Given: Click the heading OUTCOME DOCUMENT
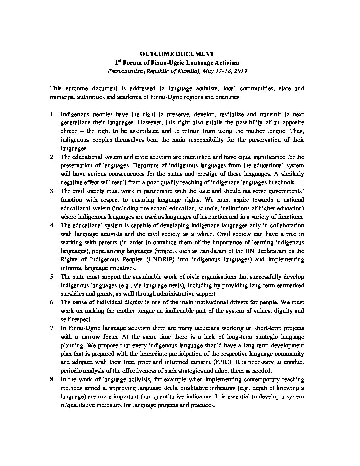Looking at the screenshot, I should tap(177, 54).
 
